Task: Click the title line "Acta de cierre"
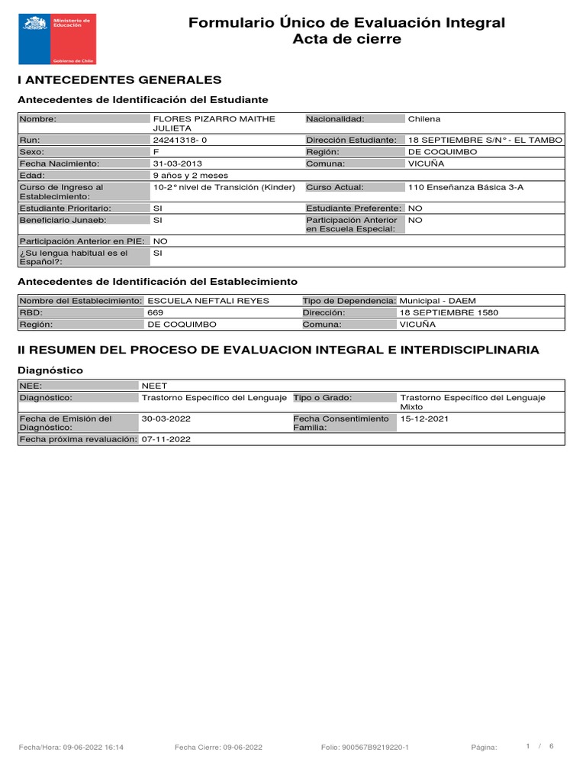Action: [x=346, y=40]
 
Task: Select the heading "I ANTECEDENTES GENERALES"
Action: [x=119, y=79]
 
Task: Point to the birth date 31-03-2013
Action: [x=178, y=163]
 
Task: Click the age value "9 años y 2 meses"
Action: [x=190, y=175]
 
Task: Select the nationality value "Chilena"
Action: [x=424, y=119]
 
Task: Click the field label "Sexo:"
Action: [x=34, y=152]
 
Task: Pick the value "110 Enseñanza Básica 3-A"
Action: [x=466, y=187]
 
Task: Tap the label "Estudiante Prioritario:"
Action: [x=65, y=208]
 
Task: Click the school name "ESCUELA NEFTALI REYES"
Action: [x=208, y=301]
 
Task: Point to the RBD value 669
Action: [x=155, y=312]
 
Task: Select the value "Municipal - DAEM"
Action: [x=437, y=301]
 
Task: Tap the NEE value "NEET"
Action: [x=154, y=386]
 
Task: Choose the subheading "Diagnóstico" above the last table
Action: [x=50, y=370]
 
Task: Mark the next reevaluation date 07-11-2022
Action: [x=166, y=439]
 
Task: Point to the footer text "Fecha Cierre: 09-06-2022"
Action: [x=218, y=748]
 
